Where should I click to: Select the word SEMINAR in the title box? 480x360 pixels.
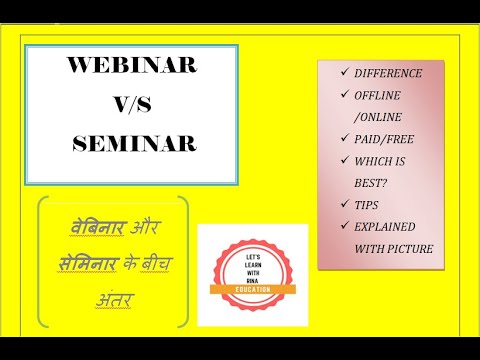[x=134, y=143]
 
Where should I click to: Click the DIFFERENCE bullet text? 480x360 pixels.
[x=387, y=73]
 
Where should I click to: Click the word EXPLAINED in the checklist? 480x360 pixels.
[x=388, y=226]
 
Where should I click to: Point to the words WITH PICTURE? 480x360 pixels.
[x=393, y=248]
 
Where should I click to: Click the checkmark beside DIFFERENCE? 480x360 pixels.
[x=344, y=73]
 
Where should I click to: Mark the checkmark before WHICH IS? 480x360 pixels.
[x=344, y=164]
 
